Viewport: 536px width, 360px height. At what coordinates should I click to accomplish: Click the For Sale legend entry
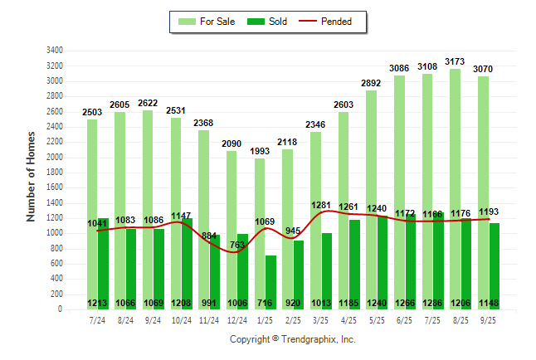point(208,22)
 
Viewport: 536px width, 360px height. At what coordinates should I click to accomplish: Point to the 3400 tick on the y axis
point(55,51)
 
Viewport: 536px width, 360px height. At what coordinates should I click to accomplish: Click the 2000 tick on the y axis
point(55,157)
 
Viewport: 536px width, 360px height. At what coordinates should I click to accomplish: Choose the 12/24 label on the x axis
point(237,319)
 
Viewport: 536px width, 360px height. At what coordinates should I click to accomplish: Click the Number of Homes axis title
point(31,176)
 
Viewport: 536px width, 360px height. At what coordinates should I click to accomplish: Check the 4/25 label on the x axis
point(348,319)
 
